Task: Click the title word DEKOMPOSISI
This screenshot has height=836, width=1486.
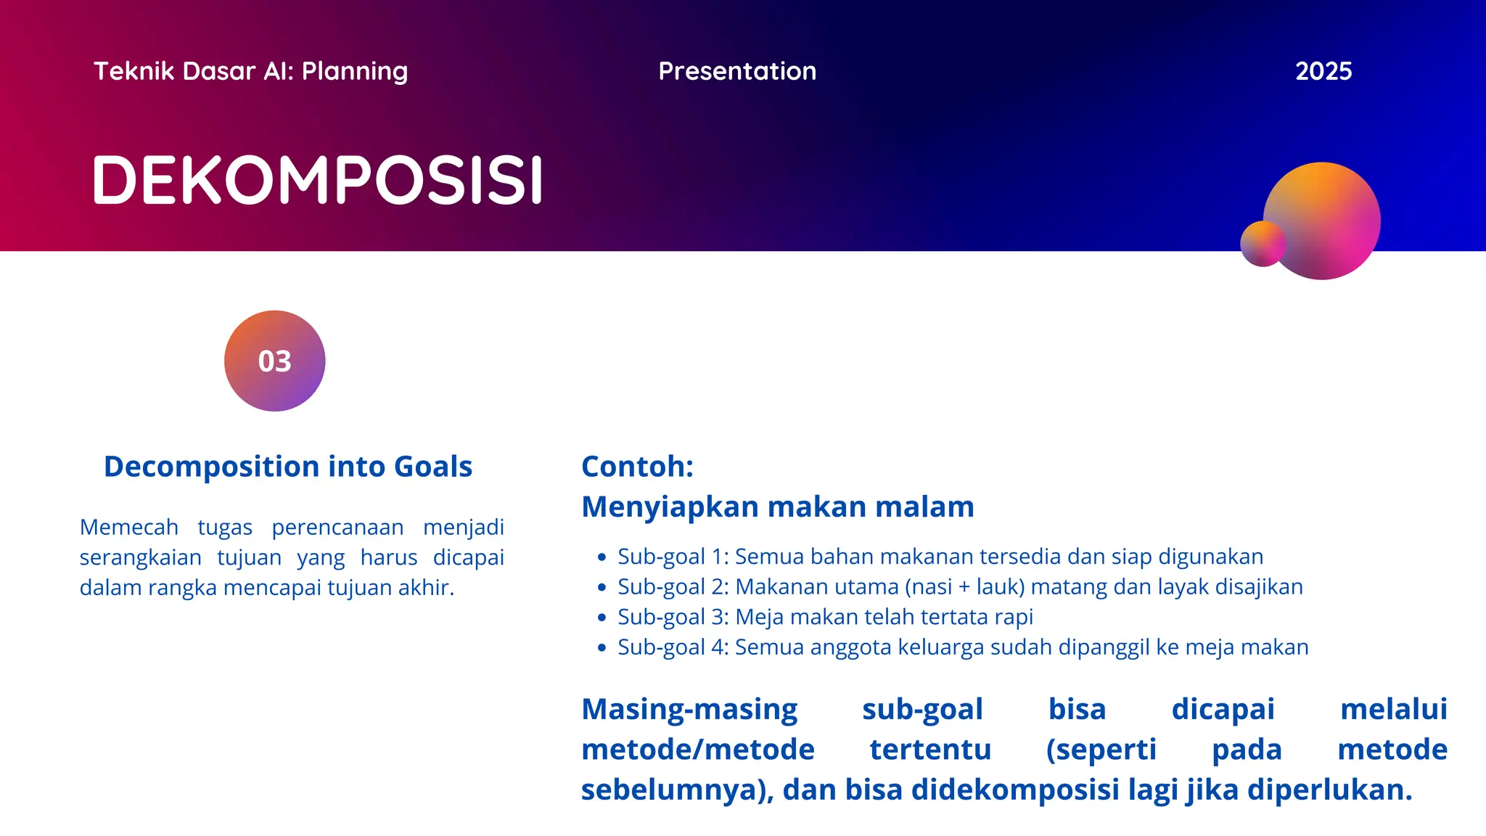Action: (x=317, y=180)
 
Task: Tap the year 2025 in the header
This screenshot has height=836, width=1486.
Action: (x=1323, y=71)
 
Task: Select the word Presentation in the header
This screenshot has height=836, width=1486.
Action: (x=737, y=71)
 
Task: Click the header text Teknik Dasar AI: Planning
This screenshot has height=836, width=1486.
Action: (x=250, y=71)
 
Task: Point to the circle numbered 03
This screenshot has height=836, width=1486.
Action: (x=274, y=361)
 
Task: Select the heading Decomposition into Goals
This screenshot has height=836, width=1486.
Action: (x=288, y=467)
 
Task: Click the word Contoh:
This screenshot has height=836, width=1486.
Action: (x=637, y=467)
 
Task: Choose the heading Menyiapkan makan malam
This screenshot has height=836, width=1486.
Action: (x=777, y=507)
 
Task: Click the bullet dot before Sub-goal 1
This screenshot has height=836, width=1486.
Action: (x=601, y=557)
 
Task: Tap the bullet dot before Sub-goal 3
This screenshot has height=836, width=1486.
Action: (x=601, y=618)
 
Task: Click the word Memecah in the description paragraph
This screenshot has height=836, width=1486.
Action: (x=128, y=527)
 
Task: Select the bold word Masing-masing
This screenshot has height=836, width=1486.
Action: (x=689, y=709)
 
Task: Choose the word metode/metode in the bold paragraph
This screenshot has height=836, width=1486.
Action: (x=697, y=750)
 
